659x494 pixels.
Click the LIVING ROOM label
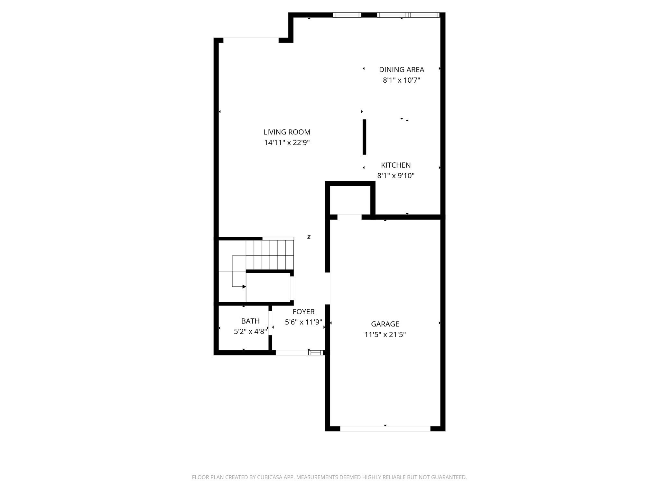click(x=287, y=132)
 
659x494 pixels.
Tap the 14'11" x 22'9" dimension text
click(x=287, y=142)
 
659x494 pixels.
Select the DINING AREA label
click(x=401, y=69)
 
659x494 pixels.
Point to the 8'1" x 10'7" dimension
click(x=401, y=80)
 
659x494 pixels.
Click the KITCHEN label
click(x=395, y=165)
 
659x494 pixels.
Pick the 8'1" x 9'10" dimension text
click(x=395, y=176)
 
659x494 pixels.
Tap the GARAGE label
click(x=385, y=324)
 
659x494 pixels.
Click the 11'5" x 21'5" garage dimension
click(x=385, y=334)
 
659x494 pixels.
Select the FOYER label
click(x=303, y=312)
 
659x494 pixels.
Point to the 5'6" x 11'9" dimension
click(x=303, y=322)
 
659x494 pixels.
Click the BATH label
click(x=250, y=321)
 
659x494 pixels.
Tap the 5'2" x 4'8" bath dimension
click(x=250, y=331)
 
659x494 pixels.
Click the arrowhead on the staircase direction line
click(x=244, y=287)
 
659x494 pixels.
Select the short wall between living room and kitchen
click(x=364, y=137)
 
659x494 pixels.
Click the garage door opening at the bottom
click(x=385, y=428)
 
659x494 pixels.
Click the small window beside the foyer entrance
click(x=316, y=353)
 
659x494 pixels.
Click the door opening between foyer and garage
click(x=328, y=288)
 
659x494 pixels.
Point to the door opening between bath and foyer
click(x=270, y=323)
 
